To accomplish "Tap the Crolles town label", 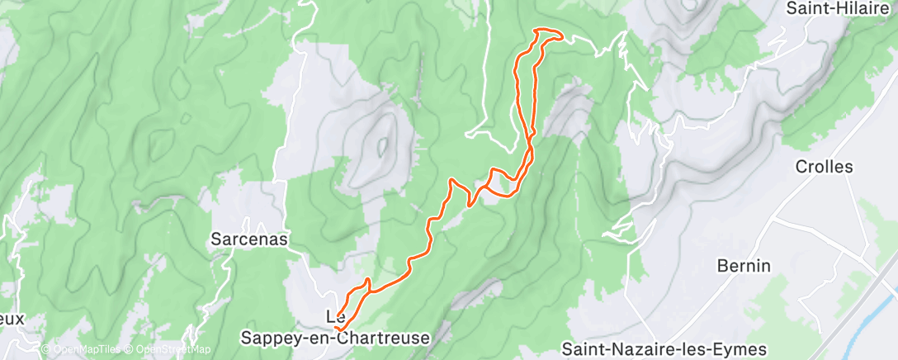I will click(824, 167).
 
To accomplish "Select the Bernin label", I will click(744, 266).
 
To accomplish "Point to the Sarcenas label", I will click(248, 239).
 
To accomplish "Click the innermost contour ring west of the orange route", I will click(382, 146).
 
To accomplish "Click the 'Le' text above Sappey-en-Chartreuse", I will click(336, 316).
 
